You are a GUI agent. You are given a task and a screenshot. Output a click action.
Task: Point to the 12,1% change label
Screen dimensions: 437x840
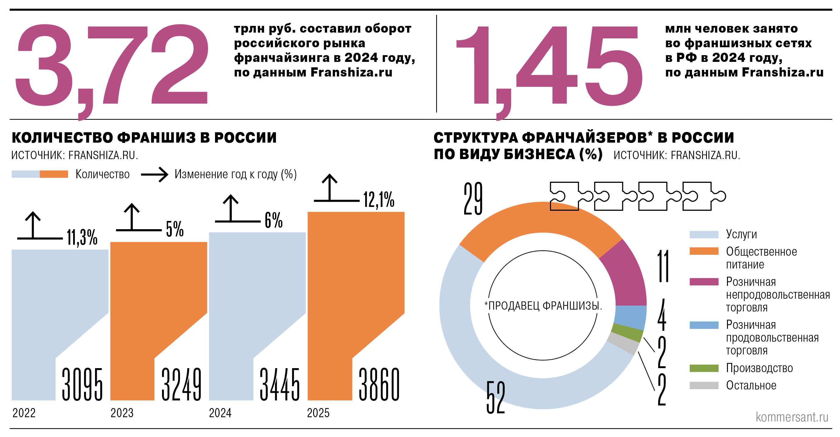coord(379,199)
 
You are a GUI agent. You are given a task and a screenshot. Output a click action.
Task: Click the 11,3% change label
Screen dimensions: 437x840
coord(82,237)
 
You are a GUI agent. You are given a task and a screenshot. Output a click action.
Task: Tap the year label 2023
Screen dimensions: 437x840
coord(122,413)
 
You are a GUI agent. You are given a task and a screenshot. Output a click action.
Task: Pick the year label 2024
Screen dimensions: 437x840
coord(220,413)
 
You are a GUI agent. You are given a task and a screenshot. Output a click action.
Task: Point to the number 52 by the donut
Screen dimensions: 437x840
coord(495,397)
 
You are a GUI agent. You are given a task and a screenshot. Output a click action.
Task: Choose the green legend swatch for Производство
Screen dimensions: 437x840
coord(704,368)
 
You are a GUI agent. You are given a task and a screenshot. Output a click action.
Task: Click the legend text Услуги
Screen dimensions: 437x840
coord(741,234)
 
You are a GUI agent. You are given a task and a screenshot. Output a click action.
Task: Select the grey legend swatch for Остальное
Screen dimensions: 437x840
coord(704,385)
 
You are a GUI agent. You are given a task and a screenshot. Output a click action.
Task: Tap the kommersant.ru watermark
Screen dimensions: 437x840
coord(792,417)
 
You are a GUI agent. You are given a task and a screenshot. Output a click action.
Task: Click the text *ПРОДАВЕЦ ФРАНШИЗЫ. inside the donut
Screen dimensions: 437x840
coord(543,305)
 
